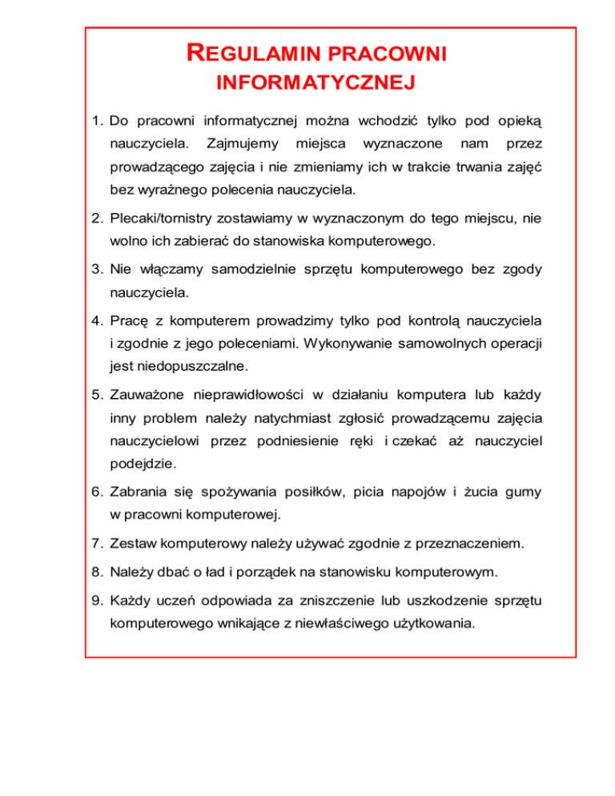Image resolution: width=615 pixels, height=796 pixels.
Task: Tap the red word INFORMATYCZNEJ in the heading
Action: tap(315, 82)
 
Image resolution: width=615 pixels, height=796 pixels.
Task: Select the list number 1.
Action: tap(95, 122)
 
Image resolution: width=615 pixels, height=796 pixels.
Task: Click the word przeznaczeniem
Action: tap(474, 545)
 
